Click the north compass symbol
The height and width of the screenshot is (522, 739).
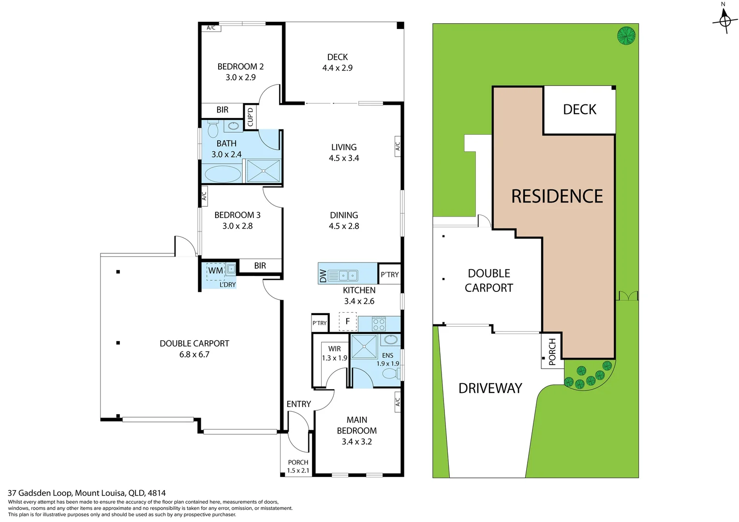pyautogui.click(x=724, y=20)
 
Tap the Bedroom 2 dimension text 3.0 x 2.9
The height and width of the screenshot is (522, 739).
pyautogui.click(x=240, y=77)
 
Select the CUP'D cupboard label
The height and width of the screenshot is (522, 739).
pyautogui.click(x=250, y=117)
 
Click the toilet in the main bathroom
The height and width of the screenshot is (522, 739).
pyautogui.click(x=213, y=130)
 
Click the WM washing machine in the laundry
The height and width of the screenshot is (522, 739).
pyautogui.click(x=216, y=271)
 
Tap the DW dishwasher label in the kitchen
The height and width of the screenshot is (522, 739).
pyautogui.click(x=323, y=275)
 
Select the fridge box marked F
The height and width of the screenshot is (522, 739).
pyautogui.click(x=347, y=321)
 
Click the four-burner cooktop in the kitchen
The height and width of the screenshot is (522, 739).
pyautogui.click(x=379, y=324)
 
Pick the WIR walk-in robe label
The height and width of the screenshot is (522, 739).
pyautogui.click(x=334, y=348)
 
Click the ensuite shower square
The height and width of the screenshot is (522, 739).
pyautogui.click(x=364, y=346)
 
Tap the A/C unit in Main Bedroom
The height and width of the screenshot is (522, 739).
pyautogui.click(x=398, y=402)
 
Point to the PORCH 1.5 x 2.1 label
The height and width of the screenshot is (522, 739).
pyautogui.click(x=298, y=466)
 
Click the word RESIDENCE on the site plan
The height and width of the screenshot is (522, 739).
pyautogui.click(x=557, y=196)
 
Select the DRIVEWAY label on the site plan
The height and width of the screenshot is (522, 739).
pyautogui.click(x=490, y=388)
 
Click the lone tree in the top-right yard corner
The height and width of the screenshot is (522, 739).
pyautogui.click(x=626, y=36)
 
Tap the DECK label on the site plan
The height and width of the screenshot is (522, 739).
pyautogui.click(x=579, y=110)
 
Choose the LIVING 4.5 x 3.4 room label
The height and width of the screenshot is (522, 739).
pyautogui.click(x=344, y=152)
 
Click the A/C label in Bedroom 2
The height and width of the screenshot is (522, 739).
pyautogui.click(x=211, y=28)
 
